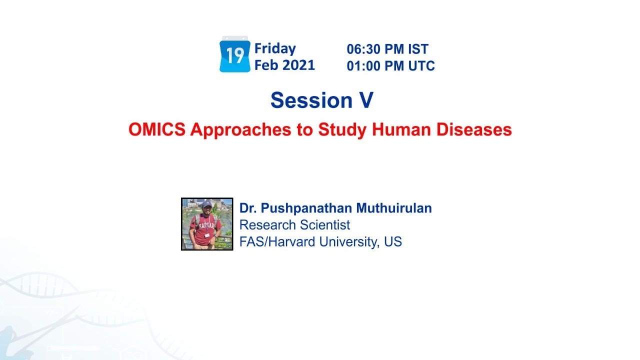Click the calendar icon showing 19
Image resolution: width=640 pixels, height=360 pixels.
(x=234, y=55)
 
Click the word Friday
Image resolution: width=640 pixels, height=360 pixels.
(x=275, y=48)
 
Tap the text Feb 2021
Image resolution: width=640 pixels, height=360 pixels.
(x=284, y=65)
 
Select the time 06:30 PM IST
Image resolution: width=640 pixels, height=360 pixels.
(x=387, y=49)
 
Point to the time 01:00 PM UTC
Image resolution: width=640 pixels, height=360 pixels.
(x=390, y=65)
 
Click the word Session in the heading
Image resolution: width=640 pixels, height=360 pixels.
(x=304, y=100)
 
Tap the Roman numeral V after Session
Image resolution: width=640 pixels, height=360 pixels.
(x=366, y=100)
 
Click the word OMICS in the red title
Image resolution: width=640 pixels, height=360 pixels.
(x=157, y=129)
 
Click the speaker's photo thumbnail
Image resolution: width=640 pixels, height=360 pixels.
(x=207, y=223)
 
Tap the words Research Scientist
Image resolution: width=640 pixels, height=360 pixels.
(x=294, y=225)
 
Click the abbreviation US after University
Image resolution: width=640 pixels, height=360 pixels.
(x=393, y=242)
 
